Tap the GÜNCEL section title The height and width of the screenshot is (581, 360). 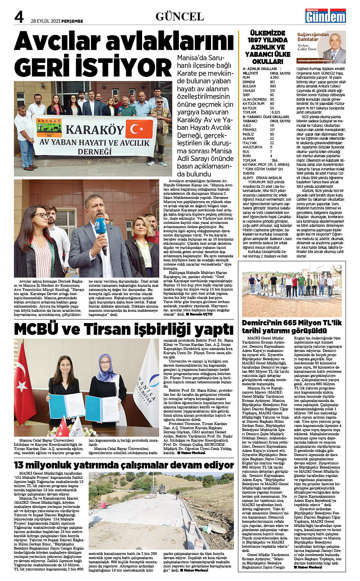coord(180,17)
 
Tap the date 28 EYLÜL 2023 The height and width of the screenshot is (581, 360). coord(45,21)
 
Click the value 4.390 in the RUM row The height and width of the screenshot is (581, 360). coord(274,78)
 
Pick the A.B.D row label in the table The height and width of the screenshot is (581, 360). coord(247,125)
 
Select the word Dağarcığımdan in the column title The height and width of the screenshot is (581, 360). coord(313,34)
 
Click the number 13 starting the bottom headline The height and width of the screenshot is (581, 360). coord(20,465)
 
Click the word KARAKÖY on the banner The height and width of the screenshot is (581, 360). coord(95,130)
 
